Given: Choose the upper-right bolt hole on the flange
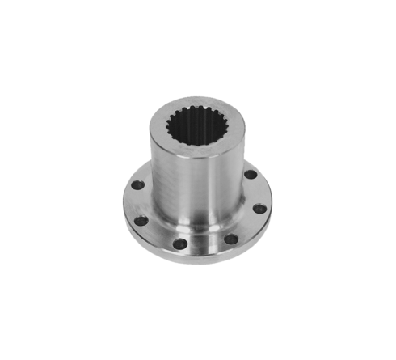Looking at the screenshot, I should [x=251, y=175].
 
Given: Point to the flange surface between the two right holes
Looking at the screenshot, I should [x=257, y=193].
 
